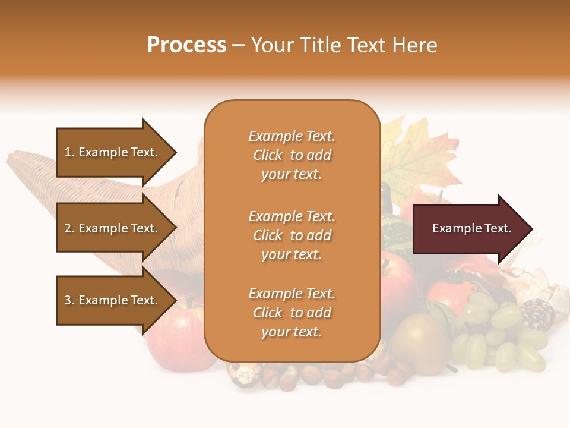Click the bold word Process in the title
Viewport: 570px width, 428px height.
186,45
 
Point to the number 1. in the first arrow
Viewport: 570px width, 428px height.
69,152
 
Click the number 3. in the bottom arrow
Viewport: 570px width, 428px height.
69,300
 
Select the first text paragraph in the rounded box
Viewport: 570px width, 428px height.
292,155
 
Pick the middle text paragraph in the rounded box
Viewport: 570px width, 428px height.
292,235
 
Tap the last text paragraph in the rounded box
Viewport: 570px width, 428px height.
292,313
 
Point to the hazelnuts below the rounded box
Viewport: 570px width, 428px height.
309,374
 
